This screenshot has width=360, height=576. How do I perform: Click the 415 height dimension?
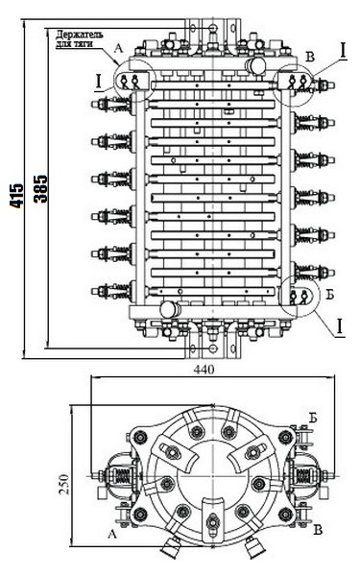(x=15, y=196)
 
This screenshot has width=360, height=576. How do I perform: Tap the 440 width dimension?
(x=204, y=369)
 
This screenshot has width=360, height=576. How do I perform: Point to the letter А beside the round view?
(x=113, y=530)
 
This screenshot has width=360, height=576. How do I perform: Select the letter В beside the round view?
(x=317, y=529)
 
